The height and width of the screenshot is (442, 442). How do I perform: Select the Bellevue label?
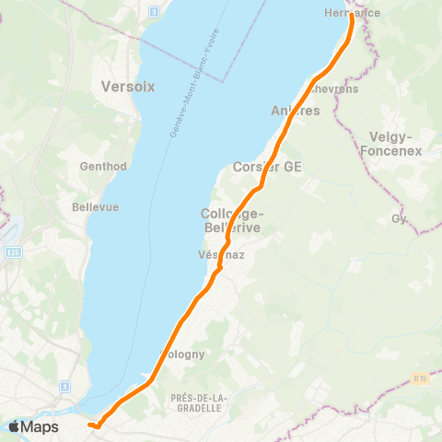(96, 207)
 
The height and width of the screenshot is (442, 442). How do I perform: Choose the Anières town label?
(296, 110)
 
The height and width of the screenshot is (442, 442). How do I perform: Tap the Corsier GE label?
(268, 167)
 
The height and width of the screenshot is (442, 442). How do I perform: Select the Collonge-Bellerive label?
(231, 219)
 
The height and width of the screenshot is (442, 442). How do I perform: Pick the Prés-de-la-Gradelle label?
(197, 401)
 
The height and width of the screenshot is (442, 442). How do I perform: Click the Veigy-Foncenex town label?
(395, 143)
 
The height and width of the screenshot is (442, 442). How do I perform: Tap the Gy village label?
(399, 218)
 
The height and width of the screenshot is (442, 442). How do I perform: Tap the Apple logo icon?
(15, 426)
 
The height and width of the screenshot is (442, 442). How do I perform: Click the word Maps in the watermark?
(41, 427)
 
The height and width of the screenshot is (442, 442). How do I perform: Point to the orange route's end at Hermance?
(352, 16)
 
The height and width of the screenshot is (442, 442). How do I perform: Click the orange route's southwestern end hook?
(92, 425)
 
